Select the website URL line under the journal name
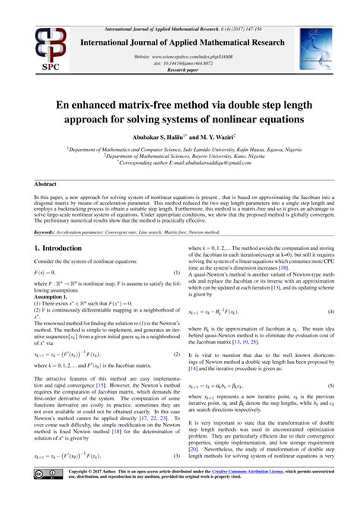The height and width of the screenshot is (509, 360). click(x=180, y=57)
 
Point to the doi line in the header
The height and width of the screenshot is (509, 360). click(x=180, y=63)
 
